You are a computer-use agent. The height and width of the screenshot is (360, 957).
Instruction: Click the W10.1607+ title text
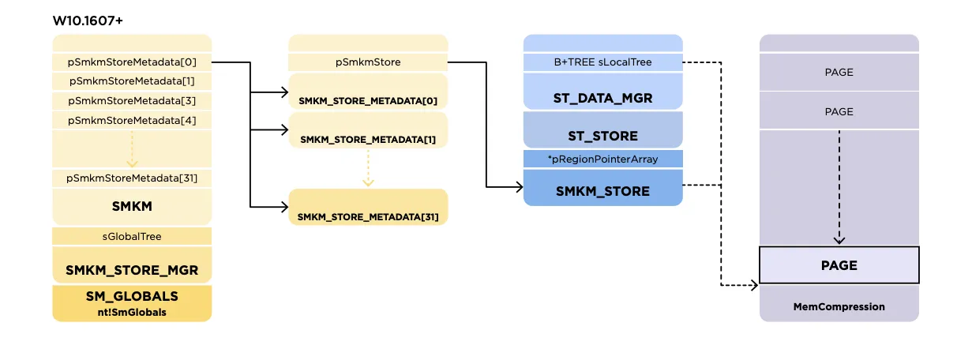click(x=88, y=20)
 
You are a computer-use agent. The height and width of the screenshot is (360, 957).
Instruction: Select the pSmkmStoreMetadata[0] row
click(x=132, y=62)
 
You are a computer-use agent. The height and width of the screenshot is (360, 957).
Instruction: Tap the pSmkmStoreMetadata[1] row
click(x=132, y=81)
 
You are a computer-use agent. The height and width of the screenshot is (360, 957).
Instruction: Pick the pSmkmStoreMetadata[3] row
click(x=132, y=101)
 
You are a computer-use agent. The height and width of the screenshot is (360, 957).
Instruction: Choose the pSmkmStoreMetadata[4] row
click(x=132, y=120)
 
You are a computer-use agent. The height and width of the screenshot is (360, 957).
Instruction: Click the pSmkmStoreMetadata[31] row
click(x=132, y=178)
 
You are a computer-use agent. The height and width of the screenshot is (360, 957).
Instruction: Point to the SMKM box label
click(x=132, y=207)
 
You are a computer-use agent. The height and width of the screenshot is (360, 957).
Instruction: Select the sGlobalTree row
click(x=132, y=236)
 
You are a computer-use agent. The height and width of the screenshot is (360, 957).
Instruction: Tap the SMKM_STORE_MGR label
click(x=132, y=270)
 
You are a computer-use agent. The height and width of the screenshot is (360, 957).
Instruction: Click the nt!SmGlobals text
click(x=132, y=312)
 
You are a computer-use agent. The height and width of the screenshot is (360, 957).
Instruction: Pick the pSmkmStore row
click(x=367, y=62)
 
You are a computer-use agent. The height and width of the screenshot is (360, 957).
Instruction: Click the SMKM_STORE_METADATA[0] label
click(x=367, y=101)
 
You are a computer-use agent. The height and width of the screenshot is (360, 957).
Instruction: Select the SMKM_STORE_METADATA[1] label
click(x=367, y=140)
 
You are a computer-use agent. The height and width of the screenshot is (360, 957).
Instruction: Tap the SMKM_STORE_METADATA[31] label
click(x=367, y=216)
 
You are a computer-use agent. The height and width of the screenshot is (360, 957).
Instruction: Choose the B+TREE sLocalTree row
click(x=602, y=62)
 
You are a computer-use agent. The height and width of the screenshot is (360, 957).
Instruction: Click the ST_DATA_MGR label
click(x=602, y=98)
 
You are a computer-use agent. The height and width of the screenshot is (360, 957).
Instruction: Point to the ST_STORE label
click(x=602, y=136)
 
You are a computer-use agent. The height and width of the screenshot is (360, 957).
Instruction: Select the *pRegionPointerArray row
click(x=602, y=159)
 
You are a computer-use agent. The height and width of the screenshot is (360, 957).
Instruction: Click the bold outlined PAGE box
click(x=839, y=265)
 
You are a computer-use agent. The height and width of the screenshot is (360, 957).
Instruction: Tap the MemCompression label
click(x=839, y=306)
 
